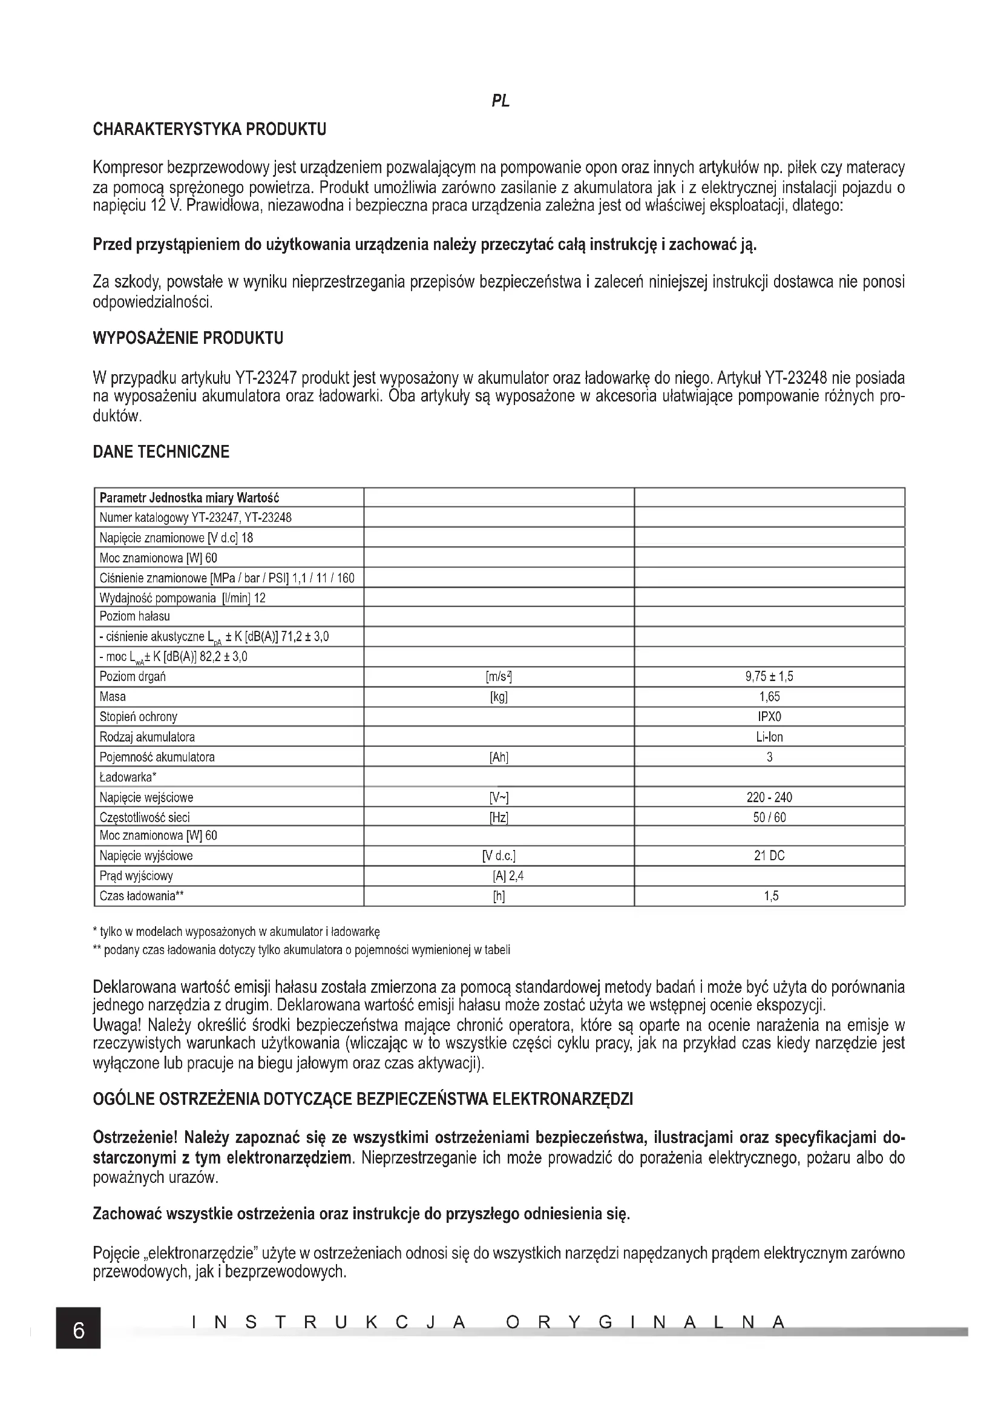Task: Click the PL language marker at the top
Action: (500, 101)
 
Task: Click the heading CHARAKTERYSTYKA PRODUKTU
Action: (209, 130)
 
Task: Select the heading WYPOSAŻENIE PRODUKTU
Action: (188, 338)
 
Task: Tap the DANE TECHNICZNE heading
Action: (161, 452)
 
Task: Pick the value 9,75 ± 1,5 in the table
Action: (769, 677)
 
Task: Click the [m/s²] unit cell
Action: (499, 677)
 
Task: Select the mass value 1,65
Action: (769, 697)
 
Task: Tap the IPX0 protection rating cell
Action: (769, 717)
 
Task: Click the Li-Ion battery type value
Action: (769, 737)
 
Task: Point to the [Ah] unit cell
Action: (499, 757)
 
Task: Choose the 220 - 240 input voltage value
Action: (769, 797)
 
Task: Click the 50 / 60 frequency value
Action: (769, 818)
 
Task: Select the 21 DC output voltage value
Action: (769, 856)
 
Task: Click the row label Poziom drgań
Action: (133, 677)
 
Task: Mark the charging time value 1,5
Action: (770, 896)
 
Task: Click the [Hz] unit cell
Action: (499, 818)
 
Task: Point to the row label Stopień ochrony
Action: (138, 717)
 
